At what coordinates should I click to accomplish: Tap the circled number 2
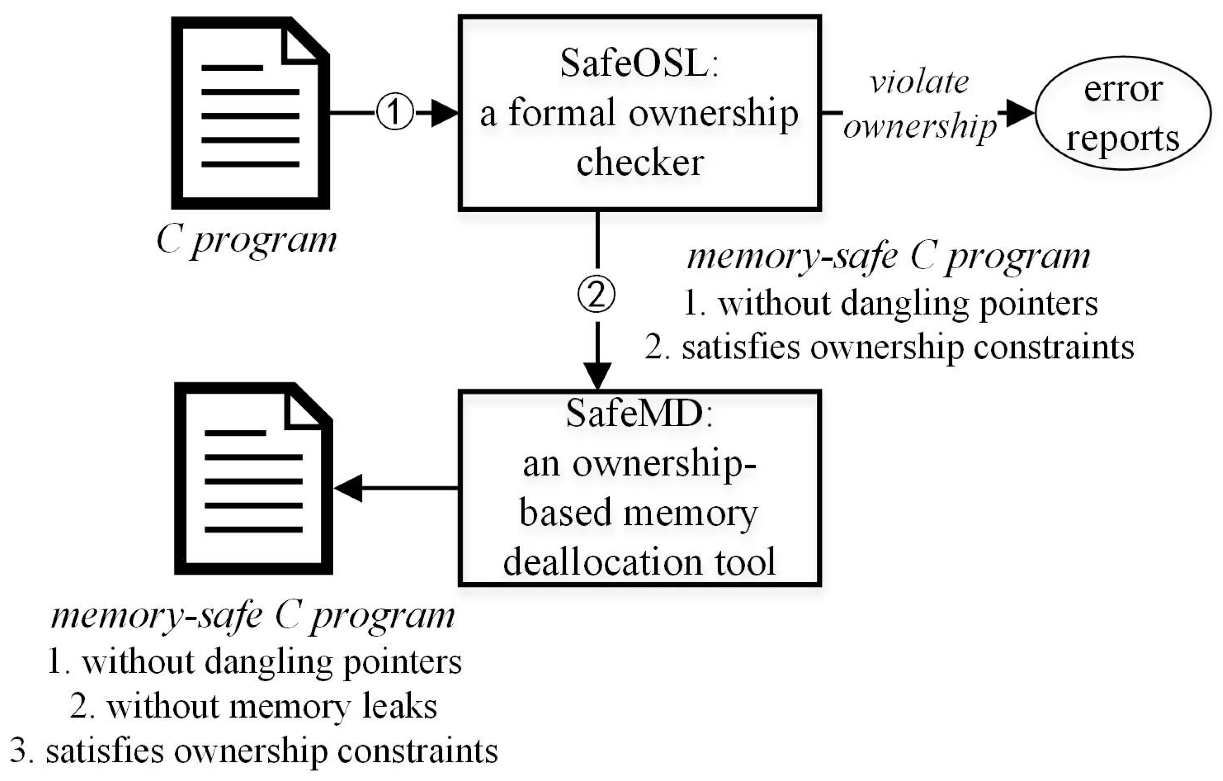(596, 294)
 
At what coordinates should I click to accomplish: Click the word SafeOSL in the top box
(634, 64)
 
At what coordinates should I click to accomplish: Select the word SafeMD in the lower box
(635, 413)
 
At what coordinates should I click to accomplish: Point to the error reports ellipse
(1122, 113)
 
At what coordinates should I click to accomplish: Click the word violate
(919, 82)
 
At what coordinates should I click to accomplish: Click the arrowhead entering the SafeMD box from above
(597, 376)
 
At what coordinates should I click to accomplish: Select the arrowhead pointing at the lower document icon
(348, 488)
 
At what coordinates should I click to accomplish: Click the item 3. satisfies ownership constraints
(253, 751)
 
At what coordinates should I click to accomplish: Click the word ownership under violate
(920, 126)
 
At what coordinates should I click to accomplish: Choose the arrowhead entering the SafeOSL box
(445, 113)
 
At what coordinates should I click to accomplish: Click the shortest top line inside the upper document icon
(232, 67)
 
